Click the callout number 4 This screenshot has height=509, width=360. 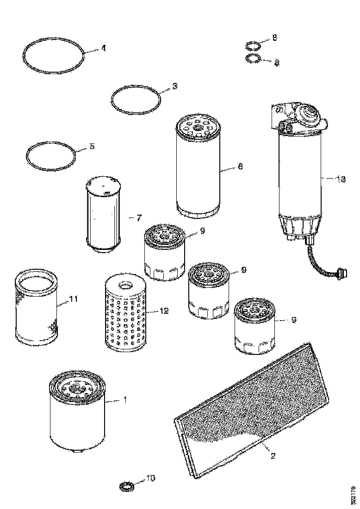click(x=103, y=48)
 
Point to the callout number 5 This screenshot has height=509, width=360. click(x=92, y=146)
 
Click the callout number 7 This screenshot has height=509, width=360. click(x=138, y=217)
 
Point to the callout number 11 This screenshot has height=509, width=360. click(x=73, y=300)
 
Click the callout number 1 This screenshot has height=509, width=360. click(x=124, y=400)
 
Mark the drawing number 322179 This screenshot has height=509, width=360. click(x=354, y=495)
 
